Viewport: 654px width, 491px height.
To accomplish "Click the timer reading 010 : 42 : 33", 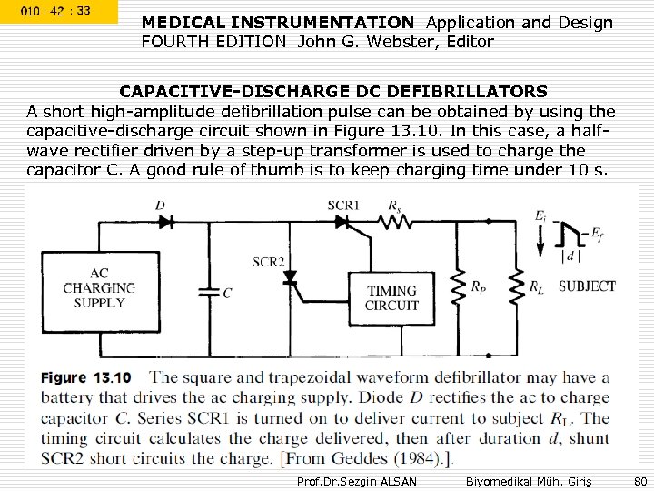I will pos(56,11).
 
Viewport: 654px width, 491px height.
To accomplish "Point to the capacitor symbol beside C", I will pos(210,292).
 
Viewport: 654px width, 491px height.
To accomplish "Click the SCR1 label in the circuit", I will pos(342,204).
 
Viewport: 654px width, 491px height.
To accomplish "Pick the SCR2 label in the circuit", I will pos(269,262).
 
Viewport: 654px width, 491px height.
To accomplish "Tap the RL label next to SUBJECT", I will pos(536,288).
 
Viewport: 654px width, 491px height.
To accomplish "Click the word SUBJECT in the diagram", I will pos(587,286).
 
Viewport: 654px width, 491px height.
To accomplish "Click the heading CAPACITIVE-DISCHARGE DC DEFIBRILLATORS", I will pos(333,92).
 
